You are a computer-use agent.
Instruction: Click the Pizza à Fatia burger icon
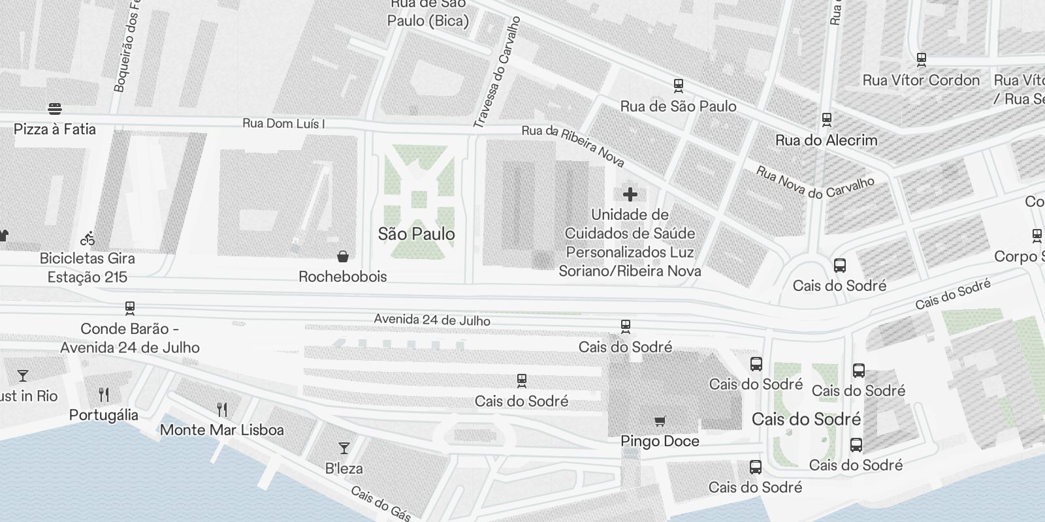55,109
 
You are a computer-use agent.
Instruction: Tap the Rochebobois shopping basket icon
342,256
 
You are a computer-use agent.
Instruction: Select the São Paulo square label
416,234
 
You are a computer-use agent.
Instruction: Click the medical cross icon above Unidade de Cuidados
630,194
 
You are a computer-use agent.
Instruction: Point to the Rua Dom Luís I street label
283,123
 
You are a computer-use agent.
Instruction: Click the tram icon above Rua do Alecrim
826,119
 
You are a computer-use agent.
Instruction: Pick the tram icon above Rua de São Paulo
678,85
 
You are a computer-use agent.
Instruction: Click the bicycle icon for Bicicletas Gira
88,238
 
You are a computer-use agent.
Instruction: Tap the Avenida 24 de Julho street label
432,320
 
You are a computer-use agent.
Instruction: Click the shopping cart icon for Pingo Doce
660,421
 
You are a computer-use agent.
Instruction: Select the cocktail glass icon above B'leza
344,448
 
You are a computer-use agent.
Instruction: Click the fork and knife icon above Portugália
104,394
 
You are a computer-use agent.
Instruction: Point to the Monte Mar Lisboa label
222,430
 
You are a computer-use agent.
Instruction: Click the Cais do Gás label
380,504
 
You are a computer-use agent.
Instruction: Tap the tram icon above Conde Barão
129,308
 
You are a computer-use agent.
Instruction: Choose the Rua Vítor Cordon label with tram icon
921,80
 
